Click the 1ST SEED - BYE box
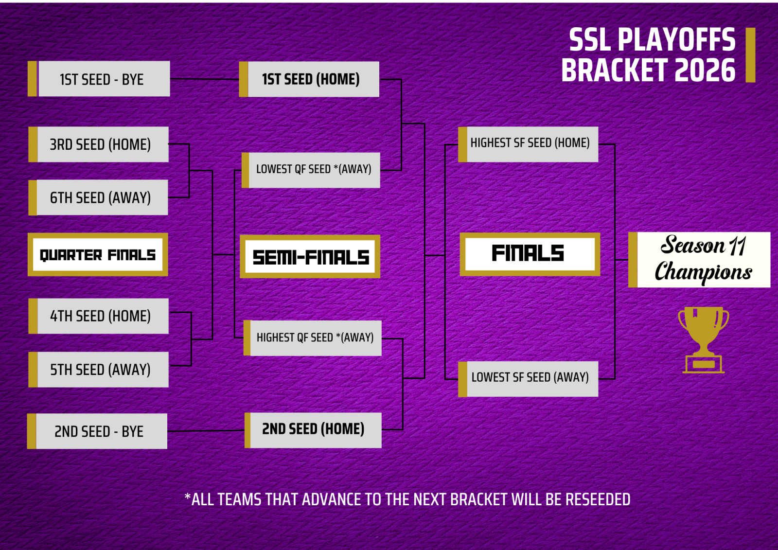[99, 79]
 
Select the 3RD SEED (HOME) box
[99, 144]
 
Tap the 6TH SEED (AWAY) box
[98, 197]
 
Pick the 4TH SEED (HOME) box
[99, 316]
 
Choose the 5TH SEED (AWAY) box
[99, 369]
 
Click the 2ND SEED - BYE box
[97, 431]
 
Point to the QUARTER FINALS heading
[98, 255]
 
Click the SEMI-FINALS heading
[310, 257]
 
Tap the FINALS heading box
[530, 254]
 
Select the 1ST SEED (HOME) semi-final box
[309, 79]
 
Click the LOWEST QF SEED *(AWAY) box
[311, 170]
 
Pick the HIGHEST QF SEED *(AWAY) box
[313, 338]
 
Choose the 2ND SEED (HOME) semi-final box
[313, 430]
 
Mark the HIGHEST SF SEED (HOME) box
[528, 144]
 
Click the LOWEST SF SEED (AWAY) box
[528, 379]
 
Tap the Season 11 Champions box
[700, 260]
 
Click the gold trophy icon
[703, 340]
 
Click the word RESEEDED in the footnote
[598, 499]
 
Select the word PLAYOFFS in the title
[676, 39]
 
